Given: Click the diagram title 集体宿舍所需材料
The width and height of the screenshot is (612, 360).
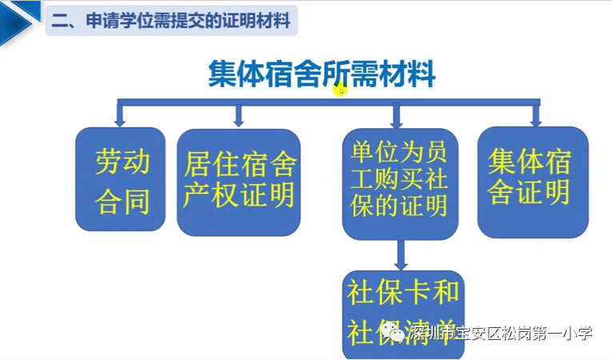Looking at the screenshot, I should [x=322, y=75].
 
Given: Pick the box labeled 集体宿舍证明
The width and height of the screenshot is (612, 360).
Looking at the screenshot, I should [x=533, y=181].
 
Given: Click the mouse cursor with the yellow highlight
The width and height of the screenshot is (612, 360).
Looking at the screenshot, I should [x=341, y=90].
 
